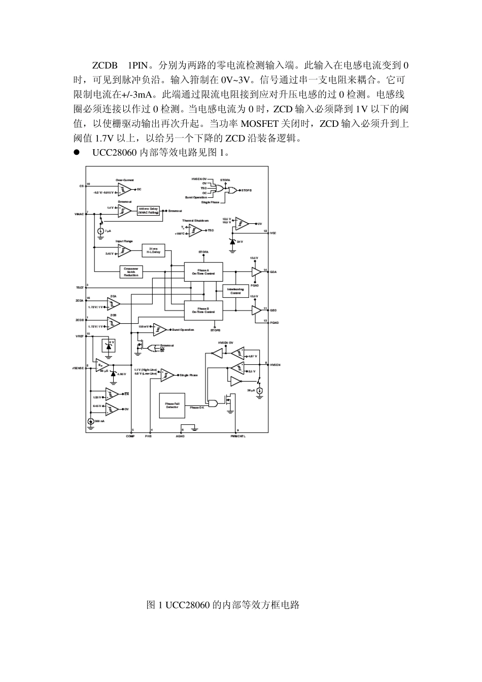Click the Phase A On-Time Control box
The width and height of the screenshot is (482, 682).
(203, 271)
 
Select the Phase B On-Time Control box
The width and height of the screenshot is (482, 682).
(203, 310)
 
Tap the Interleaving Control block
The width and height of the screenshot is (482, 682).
(236, 291)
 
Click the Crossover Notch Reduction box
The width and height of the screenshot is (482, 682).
(131, 271)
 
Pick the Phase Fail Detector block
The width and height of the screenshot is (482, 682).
(172, 405)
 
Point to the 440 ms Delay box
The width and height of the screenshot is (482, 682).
(148, 211)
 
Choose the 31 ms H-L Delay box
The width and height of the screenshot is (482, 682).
(154, 250)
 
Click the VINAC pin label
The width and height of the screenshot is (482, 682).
(79, 214)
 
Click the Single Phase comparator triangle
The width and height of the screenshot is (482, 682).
(167, 375)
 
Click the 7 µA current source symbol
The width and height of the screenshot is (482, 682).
(100, 231)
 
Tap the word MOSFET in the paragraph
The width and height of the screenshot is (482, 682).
(259, 123)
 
